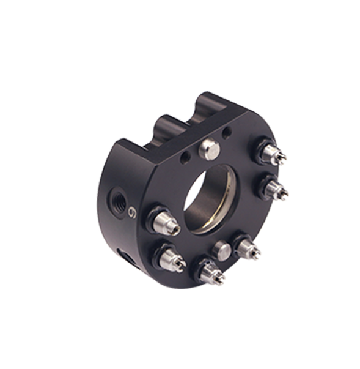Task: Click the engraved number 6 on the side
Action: (131, 213)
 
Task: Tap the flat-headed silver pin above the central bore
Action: (209, 149)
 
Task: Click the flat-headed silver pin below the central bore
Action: (222, 250)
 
